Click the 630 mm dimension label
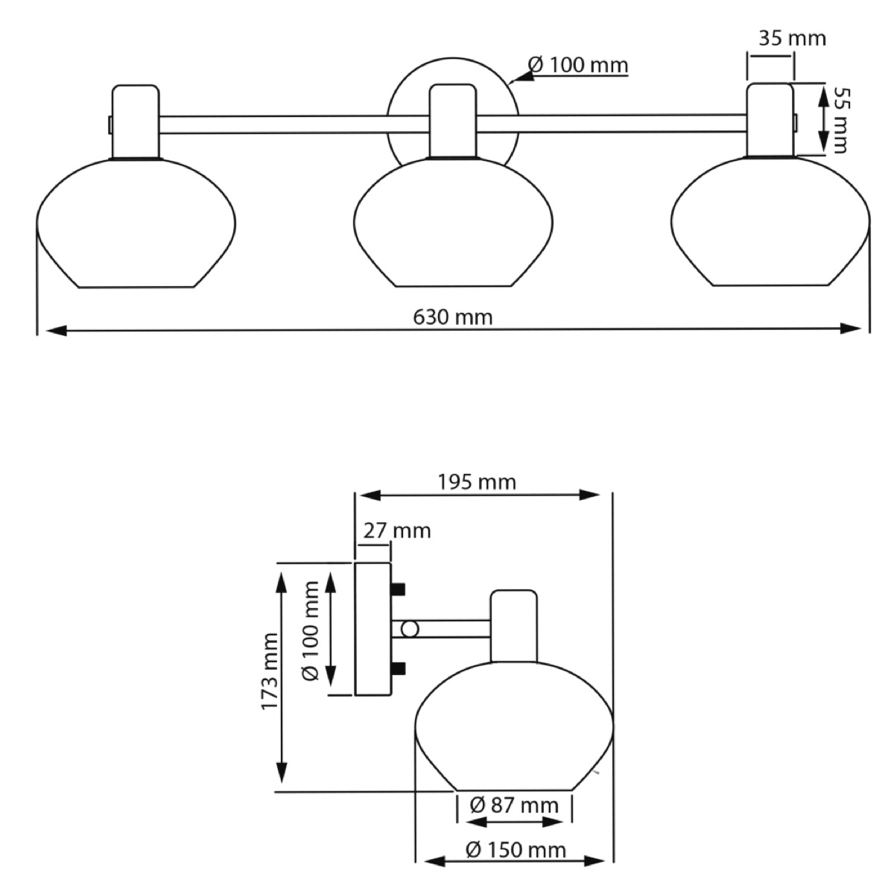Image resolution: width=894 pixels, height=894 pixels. tap(452, 317)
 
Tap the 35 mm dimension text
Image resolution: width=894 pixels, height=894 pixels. tap(793, 39)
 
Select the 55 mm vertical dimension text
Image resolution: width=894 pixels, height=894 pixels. tap(840, 120)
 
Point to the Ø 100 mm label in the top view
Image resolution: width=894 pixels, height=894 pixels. tap(578, 65)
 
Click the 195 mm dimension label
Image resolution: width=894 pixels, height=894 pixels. tap(477, 483)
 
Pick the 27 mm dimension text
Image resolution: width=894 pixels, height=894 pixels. tap(396, 530)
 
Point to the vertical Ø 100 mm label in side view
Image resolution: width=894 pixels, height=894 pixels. tap(310, 631)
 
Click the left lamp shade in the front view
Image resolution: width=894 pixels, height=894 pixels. tap(136, 223)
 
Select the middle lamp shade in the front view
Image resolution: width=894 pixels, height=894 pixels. tap(453, 222)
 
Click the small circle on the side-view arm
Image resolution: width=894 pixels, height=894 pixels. tap(410, 630)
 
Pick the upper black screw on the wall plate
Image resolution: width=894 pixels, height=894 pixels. tap(398, 589)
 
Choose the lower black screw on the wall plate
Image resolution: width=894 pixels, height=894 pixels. tap(398, 668)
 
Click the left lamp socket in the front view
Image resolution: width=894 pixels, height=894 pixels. tap(136, 121)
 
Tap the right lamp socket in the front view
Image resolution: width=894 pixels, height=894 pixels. tap(770, 120)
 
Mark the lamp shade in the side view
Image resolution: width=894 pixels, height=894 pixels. tap(514, 726)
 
